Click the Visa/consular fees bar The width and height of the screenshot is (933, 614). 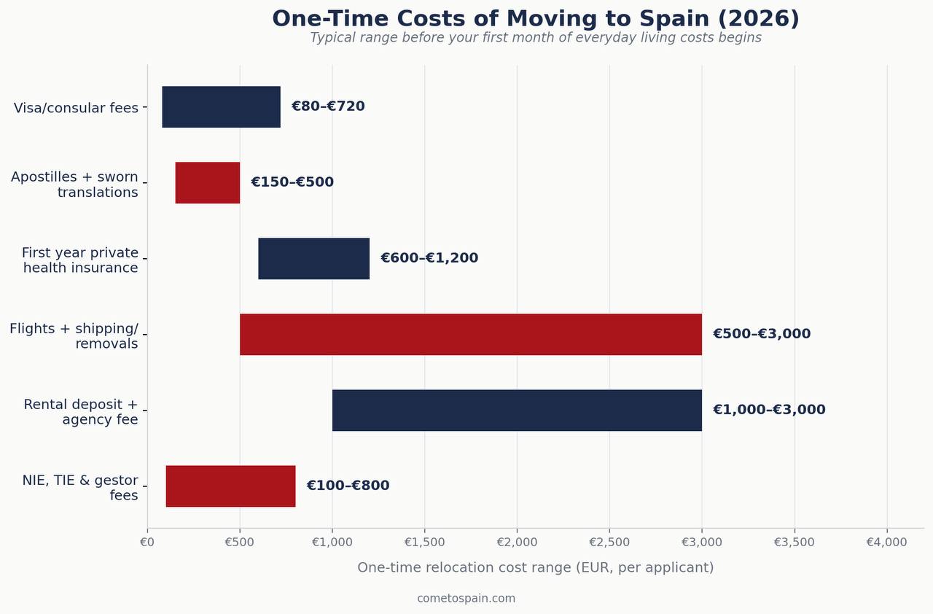tap(221, 107)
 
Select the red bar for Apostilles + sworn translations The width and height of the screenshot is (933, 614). tap(208, 183)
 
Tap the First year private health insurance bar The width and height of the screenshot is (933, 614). tap(313, 259)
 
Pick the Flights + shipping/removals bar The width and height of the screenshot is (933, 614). tap(471, 335)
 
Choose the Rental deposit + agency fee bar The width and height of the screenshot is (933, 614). tap(517, 411)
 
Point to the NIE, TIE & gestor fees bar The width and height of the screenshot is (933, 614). tap(231, 486)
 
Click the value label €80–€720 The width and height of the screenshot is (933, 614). tap(328, 106)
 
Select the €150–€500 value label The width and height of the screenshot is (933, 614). tap(292, 182)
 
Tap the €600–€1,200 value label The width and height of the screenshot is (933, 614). tap(429, 258)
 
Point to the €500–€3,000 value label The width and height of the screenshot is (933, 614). tap(762, 334)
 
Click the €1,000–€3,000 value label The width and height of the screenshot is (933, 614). tap(769, 410)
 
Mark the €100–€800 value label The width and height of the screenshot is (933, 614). tap(348, 485)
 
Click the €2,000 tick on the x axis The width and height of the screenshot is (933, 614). tap(517, 542)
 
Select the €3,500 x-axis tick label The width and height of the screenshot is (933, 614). tap(794, 542)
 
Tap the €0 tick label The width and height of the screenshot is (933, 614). tap(147, 542)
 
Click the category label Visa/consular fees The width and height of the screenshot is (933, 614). tap(76, 108)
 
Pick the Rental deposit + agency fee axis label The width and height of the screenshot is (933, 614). tap(80, 411)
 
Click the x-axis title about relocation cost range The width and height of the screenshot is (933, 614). tap(536, 567)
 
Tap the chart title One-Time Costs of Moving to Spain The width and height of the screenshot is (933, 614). tap(536, 19)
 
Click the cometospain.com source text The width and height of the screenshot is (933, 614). tap(466, 599)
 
